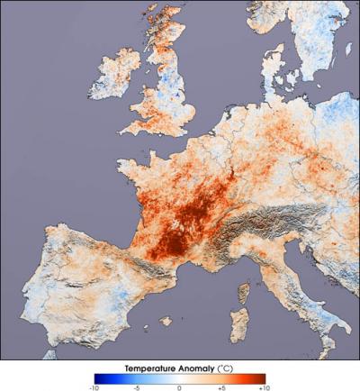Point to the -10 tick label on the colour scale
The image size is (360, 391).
(94, 386)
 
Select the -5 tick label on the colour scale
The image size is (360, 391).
(137, 386)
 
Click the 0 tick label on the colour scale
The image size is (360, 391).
(180, 386)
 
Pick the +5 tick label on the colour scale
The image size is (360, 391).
(222, 386)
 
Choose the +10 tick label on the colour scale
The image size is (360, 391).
(264, 386)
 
